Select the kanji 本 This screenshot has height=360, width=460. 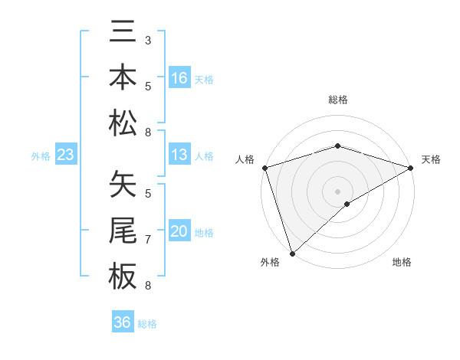coord(123,78)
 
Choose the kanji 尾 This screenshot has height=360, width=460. coord(123,231)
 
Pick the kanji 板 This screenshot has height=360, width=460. coord(123,275)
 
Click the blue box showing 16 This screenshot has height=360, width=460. coord(179,78)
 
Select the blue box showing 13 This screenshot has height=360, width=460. coord(179,155)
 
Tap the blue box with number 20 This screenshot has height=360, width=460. coord(179,231)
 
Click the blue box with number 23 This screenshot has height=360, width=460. coord(66,155)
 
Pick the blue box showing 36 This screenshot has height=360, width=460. coord(123,322)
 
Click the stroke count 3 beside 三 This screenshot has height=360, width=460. coord(147,39)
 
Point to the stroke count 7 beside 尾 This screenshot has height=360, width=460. coord(147,240)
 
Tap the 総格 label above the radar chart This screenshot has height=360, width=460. coord(338,100)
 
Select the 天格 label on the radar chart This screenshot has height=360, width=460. coord(431,159)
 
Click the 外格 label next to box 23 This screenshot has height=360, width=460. coord(41,155)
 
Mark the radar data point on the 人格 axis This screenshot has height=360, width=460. coord(265,168)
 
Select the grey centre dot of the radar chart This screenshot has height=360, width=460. coord(338,191)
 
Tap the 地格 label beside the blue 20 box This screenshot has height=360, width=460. coord(205,232)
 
